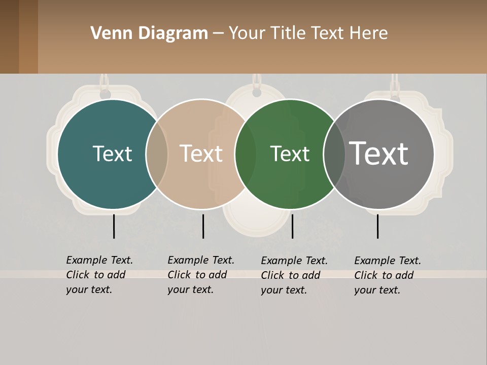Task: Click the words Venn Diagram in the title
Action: click(x=149, y=33)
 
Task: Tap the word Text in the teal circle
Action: click(x=112, y=154)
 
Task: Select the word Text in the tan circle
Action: click(x=201, y=154)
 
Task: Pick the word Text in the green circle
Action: click(x=290, y=154)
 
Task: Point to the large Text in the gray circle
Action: click(x=378, y=154)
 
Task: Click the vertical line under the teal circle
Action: click(x=114, y=226)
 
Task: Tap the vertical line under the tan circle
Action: click(x=203, y=226)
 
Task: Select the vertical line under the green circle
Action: click(x=292, y=226)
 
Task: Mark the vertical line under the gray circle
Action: click(x=377, y=226)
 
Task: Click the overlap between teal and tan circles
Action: click(x=157, y=154)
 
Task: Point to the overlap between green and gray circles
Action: click(x=334, y=154)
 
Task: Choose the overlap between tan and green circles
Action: click(x=246, y=154)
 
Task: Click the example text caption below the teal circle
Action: click(x=99, y=275)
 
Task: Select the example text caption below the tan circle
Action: click(x=200, y=275)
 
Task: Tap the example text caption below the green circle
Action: click(x=294, y=275)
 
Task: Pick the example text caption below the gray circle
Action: click(x=387, y=275)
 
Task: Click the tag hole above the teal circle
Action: click(x=105, y=94)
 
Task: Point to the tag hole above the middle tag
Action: click(x=257, y=93)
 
